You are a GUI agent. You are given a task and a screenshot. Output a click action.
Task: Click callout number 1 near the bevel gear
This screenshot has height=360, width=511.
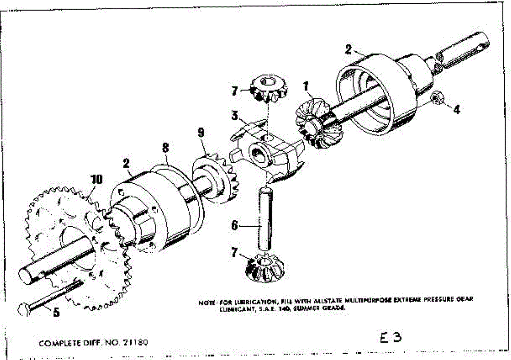[305, 85]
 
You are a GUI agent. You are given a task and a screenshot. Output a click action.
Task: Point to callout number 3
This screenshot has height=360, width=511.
[234, 115]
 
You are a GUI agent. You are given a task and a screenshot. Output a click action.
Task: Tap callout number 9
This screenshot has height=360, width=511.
[201, 132]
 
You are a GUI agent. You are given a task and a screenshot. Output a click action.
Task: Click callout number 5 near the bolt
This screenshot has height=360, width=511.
[55, 312]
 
